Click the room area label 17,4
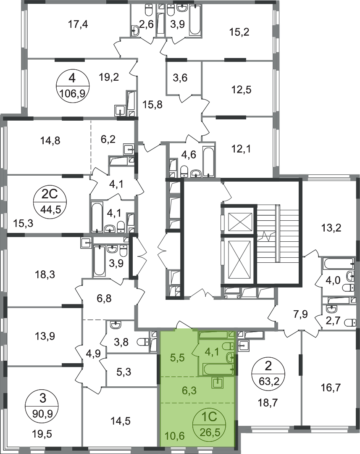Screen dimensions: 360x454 pyautogui.click(x=78, y=24)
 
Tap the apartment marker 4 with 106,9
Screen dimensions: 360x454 pyautogui.click(x=72, y=86)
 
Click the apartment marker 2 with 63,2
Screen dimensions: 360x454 pyautogui.click(x=268, y=374)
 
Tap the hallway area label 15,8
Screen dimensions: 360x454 pyautogui.click(x=152, y=105)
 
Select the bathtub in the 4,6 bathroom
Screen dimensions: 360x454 pyautogui.click(x=209, y=161)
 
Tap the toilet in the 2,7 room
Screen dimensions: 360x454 pyautogui.click(x=349, y=322)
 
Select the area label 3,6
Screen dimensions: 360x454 pyautogui.click(x=180, y=78)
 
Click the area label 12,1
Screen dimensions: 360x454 pyautogui.click(x=241, y=149)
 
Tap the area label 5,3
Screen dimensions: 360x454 pyautogui.click(x=124, y=372)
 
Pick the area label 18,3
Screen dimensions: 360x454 pyautogui.click(x=45, y=274)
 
